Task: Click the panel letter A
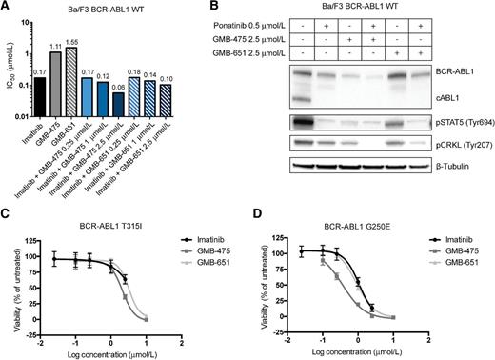point(7,7)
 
